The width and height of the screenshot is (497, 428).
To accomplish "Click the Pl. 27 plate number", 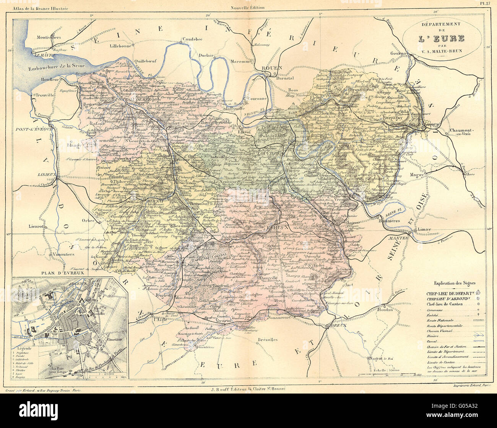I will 486,3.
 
